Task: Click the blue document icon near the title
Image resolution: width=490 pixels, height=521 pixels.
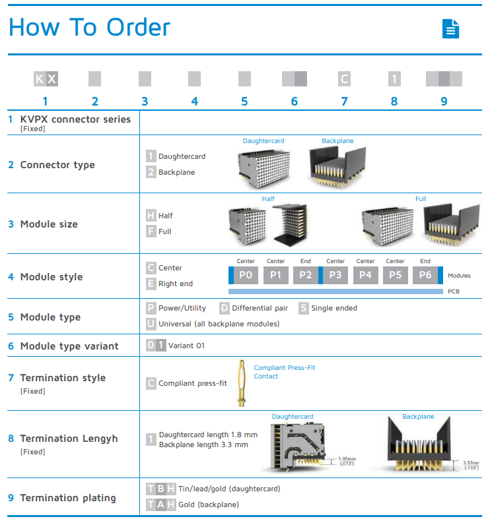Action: point(450,28)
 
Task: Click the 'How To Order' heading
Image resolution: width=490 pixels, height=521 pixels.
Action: point(89,28)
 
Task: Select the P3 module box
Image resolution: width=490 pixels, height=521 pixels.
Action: point(335,275)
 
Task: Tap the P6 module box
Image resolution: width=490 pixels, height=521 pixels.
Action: point(425,275)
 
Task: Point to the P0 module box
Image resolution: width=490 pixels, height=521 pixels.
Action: point(246,275)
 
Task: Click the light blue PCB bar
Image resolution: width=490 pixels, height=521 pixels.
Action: point(335,291)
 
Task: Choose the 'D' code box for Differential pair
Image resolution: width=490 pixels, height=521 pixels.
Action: point(225,308)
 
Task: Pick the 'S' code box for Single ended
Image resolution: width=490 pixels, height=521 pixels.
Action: point(304,308)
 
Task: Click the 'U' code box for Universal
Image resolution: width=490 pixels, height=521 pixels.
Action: point(151,324)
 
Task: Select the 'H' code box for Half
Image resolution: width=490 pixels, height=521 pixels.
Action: point(151,216)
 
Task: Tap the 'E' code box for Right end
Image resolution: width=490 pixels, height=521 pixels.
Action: point(151,284)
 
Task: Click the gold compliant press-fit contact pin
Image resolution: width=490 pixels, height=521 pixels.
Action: point(242,383)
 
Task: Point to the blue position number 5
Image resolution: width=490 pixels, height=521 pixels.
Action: point(244,102)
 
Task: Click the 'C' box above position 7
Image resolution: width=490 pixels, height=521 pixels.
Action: point(344,79)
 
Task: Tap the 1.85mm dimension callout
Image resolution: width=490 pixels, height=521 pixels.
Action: point(347,461)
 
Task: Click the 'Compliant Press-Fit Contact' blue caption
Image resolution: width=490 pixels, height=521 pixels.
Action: point(284,372)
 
